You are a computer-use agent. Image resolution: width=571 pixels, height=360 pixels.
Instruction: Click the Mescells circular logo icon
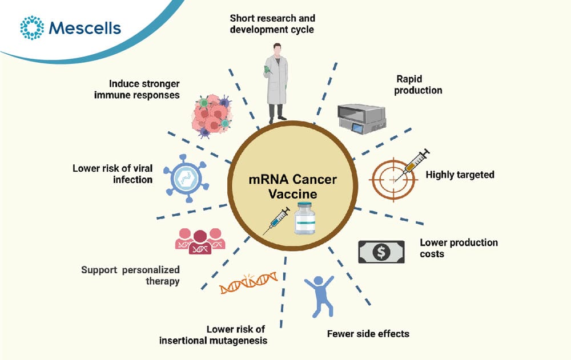click(x=32, y=27)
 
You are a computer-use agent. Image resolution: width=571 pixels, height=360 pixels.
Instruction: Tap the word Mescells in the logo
click(x=85, y=28)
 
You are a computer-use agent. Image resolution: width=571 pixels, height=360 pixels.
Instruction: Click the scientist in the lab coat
click(x=276, y=83)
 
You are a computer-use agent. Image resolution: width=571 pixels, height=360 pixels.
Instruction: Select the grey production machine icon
click(x=361, y=119)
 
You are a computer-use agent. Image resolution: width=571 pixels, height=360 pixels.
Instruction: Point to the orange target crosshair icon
click(x=393, y=179)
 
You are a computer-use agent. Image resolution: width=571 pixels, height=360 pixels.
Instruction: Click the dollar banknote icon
click(x=381, y=252)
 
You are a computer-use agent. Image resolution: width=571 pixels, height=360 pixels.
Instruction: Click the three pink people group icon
click(x=200, y=241)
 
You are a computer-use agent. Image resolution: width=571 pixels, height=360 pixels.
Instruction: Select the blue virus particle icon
click(x=186, y=178)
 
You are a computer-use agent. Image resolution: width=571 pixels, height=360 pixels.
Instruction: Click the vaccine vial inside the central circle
click(x=305, y=218)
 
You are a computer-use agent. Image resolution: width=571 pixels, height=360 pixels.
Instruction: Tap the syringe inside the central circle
click(x=276, y=221)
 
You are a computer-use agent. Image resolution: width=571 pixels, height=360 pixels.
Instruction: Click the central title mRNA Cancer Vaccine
click(x=292, y=187)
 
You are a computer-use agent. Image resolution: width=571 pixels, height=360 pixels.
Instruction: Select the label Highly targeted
click(x=460, y=175)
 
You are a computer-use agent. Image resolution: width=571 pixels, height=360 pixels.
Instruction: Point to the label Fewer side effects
click(x=368, y=334)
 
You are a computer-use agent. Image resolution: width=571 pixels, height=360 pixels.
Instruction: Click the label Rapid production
click(x=418, y=84)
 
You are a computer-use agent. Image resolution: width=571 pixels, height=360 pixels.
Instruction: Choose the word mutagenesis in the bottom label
click(x=239, y=341)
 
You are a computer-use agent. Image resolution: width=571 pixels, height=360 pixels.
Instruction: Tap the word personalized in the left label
click(x=151, y=270)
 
